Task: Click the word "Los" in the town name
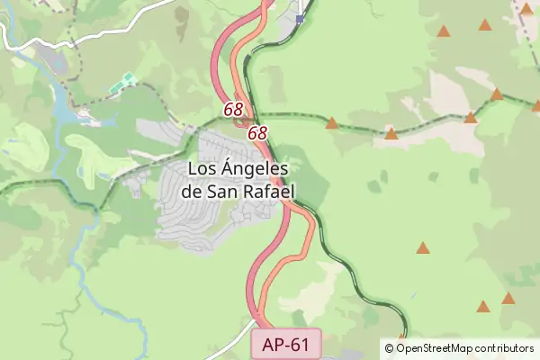coord(202,168)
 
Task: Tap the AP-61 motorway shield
coord(286,343)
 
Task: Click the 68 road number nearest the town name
coord(257,132)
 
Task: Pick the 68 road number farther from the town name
coord(234,109)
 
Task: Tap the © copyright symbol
coord(389,348)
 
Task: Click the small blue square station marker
coord(300,18)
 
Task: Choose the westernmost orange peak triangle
coord(332,122)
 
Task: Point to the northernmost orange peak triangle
coord(526,9)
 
